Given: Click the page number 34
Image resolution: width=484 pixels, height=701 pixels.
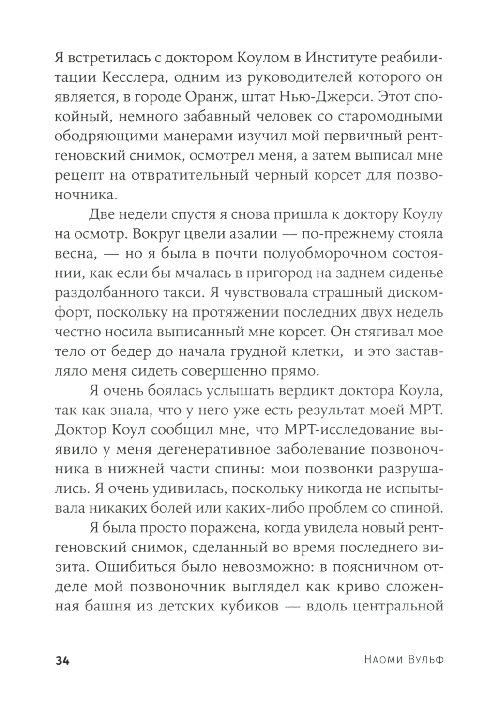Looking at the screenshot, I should coord(63,661).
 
